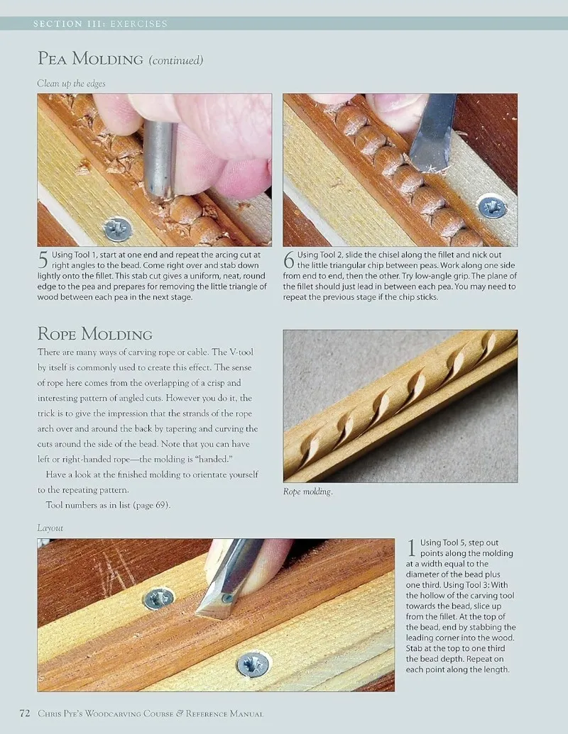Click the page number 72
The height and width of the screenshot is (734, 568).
click(x=25, y=713)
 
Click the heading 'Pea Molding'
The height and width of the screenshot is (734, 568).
click(x=90, y=59)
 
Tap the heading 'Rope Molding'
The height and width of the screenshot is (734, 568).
click(x=94, y=334)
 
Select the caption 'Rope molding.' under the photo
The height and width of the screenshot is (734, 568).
click(x=308, y=491)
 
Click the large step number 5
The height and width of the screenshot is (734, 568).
click(x=43, y=260)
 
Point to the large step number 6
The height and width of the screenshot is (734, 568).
click(x=289, y=260)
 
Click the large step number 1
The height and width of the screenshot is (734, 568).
click(x=412, y=548)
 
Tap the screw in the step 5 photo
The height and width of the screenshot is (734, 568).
click(x=118, y=229)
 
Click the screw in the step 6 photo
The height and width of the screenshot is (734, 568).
click(x=492, y=207)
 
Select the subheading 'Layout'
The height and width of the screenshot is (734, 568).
click(x=50, y=528)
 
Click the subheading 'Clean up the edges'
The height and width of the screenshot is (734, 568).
click(x=71, y=83)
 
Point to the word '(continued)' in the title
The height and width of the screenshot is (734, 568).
click(x=176, y=60)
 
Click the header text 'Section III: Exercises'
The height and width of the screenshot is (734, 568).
click(x=100, y=23)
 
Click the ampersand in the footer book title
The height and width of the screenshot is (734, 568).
click(x=180, y=713)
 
